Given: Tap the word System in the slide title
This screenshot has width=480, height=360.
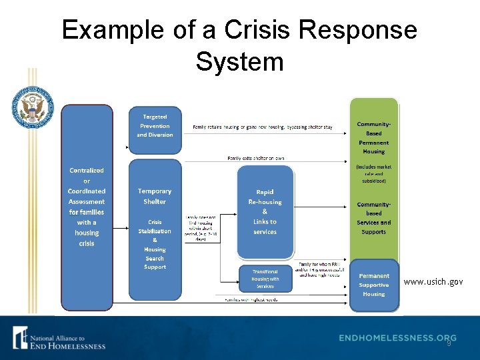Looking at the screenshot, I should click(240, 61).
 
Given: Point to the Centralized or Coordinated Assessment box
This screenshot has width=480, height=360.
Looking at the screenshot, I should click(87, 207).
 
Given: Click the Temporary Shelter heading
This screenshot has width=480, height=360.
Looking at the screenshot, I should click(155, 196).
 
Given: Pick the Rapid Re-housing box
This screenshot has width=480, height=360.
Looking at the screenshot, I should click(265, 211).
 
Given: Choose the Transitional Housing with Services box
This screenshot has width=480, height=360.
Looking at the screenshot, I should click(265, 279).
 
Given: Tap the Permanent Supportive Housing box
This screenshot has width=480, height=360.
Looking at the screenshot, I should click(374, 285).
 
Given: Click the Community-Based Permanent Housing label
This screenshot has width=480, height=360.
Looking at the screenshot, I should click(374, 137).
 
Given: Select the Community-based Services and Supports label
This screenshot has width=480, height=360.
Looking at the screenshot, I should click(374, 218).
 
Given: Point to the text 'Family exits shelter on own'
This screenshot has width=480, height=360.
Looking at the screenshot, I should click(256, 158).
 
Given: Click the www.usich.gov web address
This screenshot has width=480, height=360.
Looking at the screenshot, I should click(433, 282).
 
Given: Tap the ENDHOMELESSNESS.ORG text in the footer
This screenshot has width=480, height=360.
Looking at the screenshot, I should click(397, 338).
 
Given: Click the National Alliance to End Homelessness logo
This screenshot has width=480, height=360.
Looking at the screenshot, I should click(59, 338).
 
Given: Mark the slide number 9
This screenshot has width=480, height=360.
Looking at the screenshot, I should click(449, 344).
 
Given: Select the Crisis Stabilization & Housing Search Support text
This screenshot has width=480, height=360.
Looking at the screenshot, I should click(155, 244).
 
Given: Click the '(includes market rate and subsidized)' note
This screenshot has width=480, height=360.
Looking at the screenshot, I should click(374, 173).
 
